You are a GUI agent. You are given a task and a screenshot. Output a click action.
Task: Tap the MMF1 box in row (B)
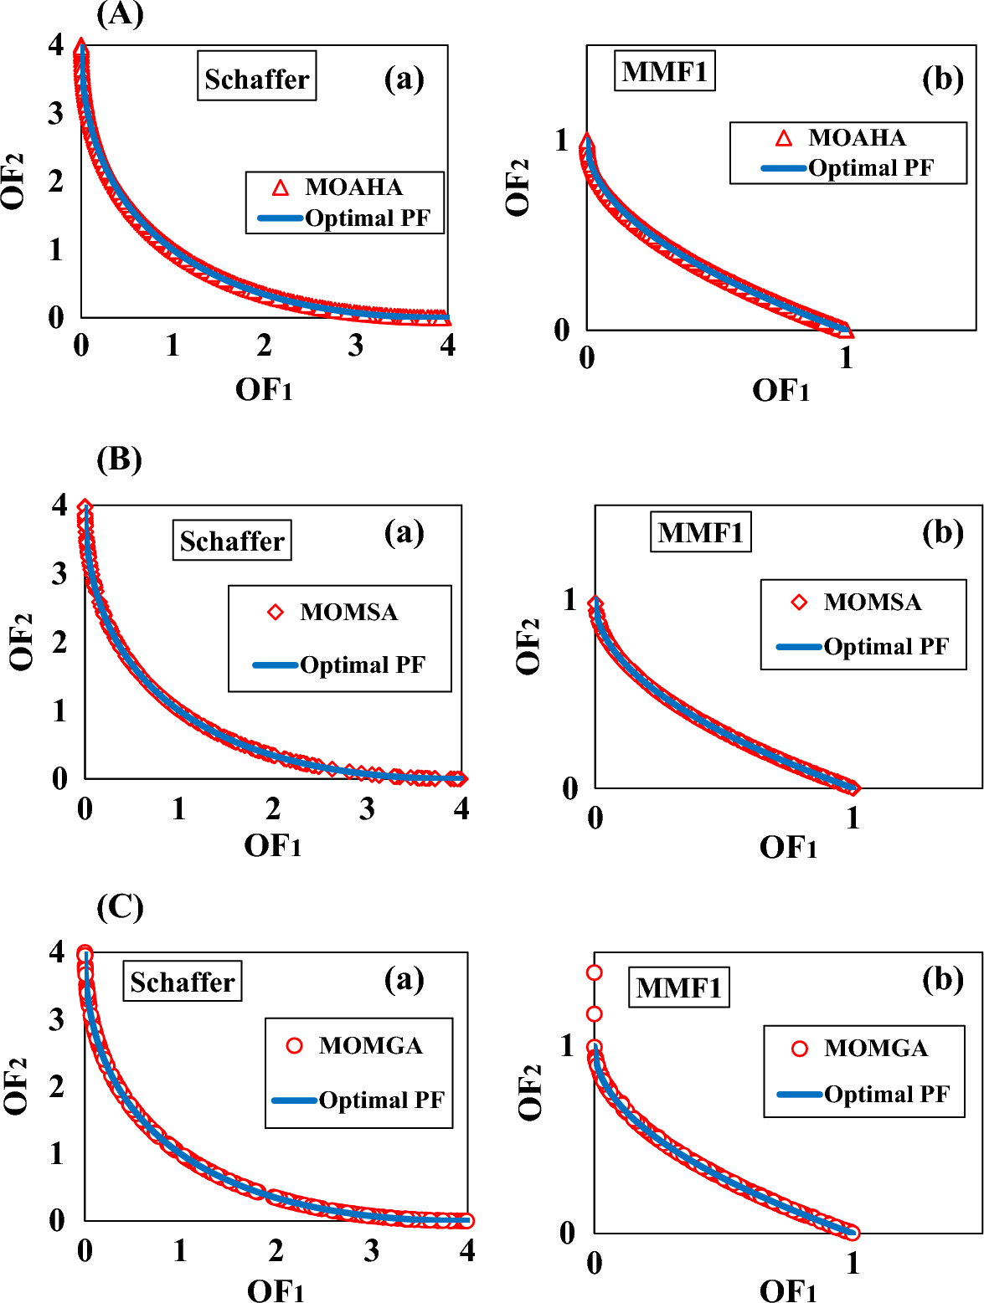pos(700,532)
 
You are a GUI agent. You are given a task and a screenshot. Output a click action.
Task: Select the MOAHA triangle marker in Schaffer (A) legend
pos(281,187)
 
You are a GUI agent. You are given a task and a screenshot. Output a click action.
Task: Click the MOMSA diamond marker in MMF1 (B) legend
pos(799,602)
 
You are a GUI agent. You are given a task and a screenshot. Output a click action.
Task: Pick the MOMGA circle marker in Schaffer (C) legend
pos(294,1045)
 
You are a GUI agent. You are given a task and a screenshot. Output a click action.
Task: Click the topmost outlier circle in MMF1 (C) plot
pos(594,972)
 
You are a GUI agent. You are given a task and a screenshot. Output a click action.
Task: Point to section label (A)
pos(120,14)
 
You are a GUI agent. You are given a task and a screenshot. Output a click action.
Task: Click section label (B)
pos(119,459)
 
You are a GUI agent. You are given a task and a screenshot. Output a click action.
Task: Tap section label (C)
pos(120,907)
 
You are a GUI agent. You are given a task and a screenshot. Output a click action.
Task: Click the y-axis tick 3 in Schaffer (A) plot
pos(55,113)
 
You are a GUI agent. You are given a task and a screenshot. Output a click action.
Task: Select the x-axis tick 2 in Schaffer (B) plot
pos(273,808)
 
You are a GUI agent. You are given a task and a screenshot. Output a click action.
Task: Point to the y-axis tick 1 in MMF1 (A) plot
pos(562,140)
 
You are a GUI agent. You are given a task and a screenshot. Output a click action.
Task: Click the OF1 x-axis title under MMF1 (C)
pos(787,1290)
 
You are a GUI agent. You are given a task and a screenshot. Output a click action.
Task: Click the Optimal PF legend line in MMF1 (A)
pos(783,168)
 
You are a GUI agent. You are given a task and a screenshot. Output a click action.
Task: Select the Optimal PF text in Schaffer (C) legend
pos(381,1100)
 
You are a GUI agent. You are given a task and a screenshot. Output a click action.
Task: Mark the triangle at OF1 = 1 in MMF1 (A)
pos(846,331)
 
